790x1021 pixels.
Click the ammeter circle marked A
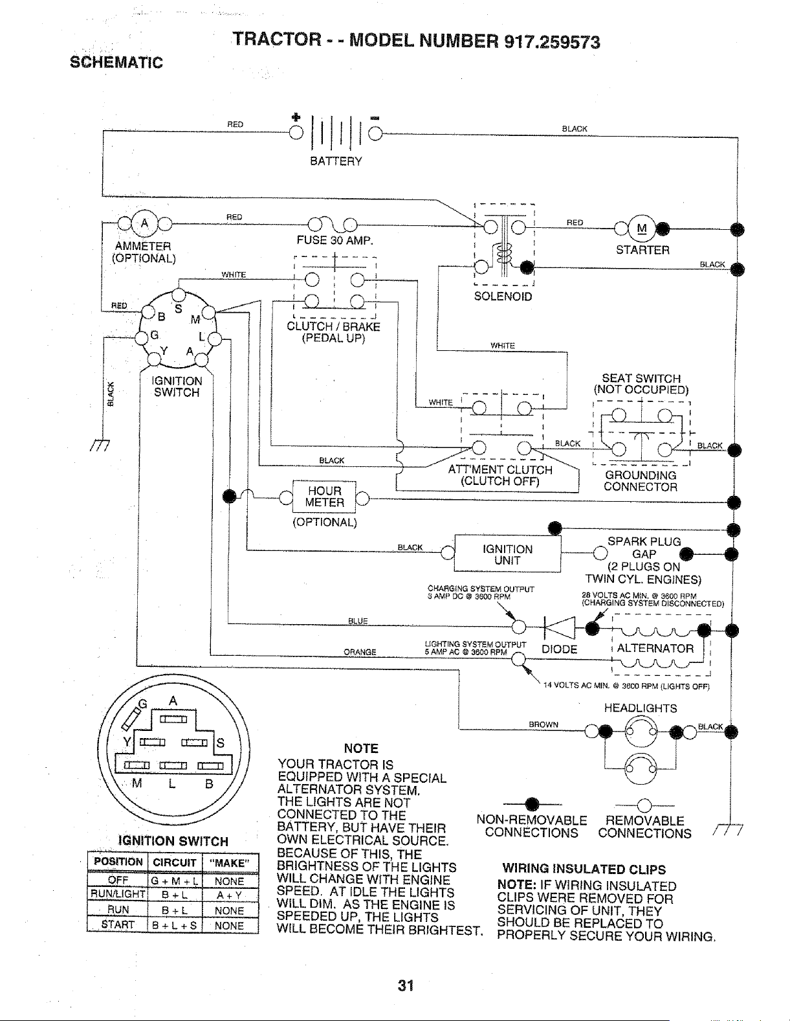point(144,223)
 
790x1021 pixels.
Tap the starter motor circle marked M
point(641,229)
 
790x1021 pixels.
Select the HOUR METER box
point(324,497)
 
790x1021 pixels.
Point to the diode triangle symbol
point(560,627)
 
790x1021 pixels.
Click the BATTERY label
point(336,161)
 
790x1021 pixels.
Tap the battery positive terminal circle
point(296,133)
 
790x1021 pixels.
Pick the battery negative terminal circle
point(375,134)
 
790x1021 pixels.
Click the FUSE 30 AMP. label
point(335,241)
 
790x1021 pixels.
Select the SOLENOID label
point(503,297)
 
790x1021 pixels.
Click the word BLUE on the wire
point(358,621)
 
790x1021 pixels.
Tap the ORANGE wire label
point(360,652)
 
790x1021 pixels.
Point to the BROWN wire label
point(543,724)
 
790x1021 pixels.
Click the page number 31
point(406,985)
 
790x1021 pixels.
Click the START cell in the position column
point(118,925)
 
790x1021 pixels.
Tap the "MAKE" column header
point(230,863)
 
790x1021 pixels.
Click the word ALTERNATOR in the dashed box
point(655,649)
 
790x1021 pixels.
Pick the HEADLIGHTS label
point(641,708)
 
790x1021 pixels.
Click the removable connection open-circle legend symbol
point(644,805)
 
